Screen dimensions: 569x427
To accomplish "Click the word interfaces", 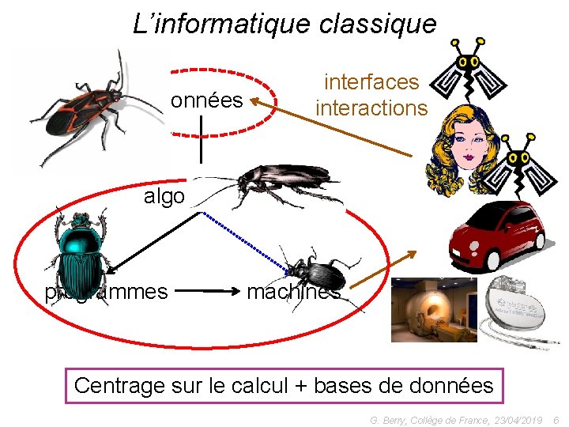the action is click(371, 81).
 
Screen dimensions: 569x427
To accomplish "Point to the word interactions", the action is click(371, 108).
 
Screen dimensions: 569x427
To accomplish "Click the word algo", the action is click(164, 196).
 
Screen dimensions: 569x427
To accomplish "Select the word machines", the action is click(293, 292).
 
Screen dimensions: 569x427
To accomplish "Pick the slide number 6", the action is click(556, 419).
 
